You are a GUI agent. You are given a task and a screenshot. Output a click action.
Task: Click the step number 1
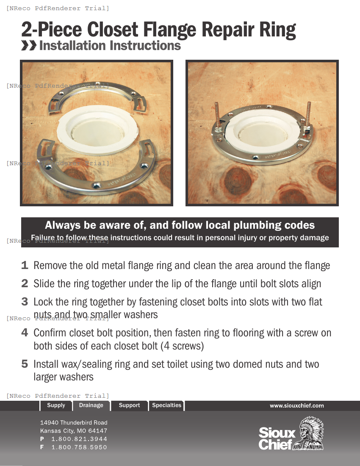[x=25, y=266]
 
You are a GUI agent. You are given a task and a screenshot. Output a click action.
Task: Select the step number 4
[x=25, y=333]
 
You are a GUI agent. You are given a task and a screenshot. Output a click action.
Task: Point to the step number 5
[x=25, y=364]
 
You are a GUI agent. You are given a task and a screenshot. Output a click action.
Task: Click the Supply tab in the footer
[x=56, y=405]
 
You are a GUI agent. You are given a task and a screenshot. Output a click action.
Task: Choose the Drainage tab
[x=91, y=405]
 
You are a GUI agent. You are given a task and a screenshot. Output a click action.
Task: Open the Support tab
[x=129, y=405]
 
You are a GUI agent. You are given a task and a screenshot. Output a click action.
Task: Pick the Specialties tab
[x=166, y=405]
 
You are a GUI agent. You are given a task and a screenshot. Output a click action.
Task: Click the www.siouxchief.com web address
[x=296, y=406]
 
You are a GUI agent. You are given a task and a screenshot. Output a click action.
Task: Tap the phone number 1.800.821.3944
[x=79, y=439]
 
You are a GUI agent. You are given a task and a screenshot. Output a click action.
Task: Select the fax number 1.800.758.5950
[x=79, y=447]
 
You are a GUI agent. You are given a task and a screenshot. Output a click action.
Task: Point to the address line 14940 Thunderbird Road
[x=74, y=423]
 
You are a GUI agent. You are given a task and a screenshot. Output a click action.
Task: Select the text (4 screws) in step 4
[x=182, y=346]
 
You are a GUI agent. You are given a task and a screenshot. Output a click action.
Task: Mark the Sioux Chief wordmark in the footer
[x=277, y=438]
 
